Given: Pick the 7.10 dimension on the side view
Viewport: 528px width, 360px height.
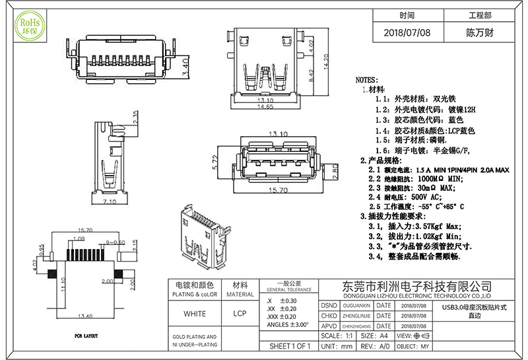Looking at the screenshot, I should click(110, 201).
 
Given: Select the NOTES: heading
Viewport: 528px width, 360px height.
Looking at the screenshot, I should click(366, 79).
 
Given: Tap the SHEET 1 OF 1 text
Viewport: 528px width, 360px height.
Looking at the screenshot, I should click(290, 346).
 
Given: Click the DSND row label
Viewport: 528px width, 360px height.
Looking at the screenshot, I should click(329, 306).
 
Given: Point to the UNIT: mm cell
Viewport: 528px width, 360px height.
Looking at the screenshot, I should click(335, 346).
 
